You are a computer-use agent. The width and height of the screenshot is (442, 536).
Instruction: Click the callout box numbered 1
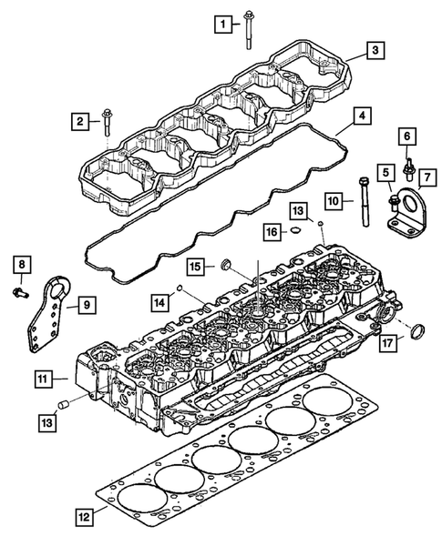point(223,21)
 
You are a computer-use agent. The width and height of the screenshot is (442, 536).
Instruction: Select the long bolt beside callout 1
point(248,27)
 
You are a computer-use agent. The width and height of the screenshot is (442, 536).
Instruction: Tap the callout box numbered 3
point(375,52)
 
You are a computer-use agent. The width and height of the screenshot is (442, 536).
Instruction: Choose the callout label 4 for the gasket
point(363,117)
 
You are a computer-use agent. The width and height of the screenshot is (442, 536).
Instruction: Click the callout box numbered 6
point(407,137)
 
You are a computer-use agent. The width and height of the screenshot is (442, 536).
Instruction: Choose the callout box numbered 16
point(271,233)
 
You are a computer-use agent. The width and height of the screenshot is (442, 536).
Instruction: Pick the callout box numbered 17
point(389,344)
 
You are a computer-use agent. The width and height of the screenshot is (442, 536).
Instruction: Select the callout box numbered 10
point(334,199)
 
